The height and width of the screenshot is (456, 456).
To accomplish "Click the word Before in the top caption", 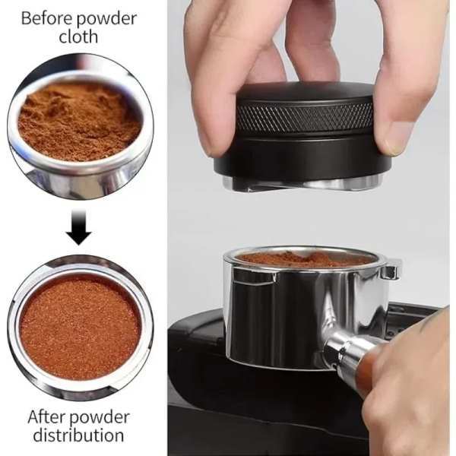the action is click(47, 18).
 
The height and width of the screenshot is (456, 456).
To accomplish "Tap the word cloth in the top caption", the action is click(78, 36).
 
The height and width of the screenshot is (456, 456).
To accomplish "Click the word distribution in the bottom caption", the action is click(78, 435).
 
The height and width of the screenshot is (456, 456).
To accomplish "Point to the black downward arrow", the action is click(78, 227).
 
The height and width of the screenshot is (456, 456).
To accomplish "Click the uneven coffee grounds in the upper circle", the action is click(79, 121).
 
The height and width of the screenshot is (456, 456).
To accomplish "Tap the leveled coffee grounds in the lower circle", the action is click(80, 326).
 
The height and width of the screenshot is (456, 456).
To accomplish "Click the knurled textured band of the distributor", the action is click(304, 118).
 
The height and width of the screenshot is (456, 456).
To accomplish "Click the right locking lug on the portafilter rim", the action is click(391, 270).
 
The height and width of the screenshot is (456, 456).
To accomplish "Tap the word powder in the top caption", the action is click(106, 19).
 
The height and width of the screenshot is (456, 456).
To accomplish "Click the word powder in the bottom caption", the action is click(100, 418).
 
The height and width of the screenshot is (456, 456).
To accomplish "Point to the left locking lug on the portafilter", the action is click(254, 277).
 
